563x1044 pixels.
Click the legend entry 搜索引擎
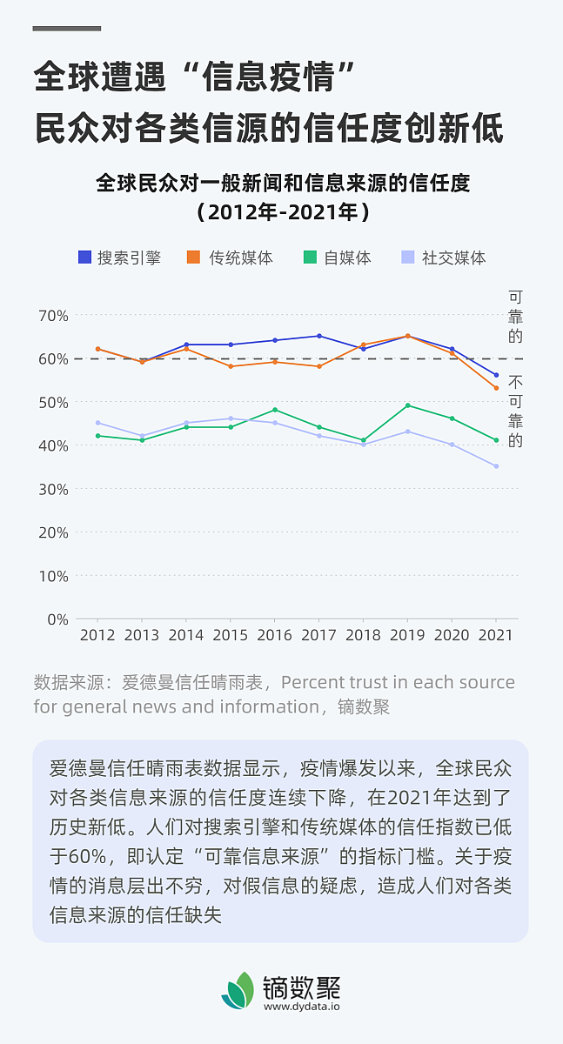[119, 258]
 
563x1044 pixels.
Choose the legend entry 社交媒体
[443, 258]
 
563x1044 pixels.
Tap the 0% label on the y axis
[57, 619]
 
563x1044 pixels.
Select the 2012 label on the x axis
[97, 635]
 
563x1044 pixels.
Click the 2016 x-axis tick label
[275, 635]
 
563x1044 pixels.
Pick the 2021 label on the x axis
[496, 635]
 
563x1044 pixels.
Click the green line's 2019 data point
[407, 405]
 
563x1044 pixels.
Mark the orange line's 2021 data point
[496, 388]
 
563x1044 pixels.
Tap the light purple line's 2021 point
[496, 466]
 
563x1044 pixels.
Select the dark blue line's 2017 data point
[318, 336]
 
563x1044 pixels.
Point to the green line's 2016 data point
[275, 410]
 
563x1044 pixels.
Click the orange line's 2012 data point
[97, 349]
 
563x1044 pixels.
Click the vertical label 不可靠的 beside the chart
[516, 412]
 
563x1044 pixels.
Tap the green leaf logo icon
[237, 991]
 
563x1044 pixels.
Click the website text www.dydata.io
[301, 1006]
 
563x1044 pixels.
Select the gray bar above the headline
[67, 29]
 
